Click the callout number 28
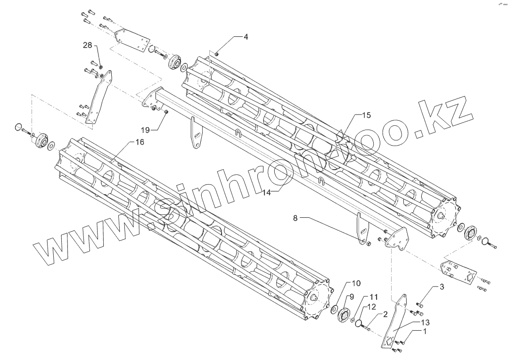point(88,45)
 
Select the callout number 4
point(246,36)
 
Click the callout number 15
point(366,115)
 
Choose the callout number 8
point(295,218)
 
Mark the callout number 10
point(356,283)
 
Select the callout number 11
point(373,297)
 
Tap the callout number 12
point(372,306)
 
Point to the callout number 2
point(385,314)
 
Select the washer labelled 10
point(334,309)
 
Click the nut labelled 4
point(216,54)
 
